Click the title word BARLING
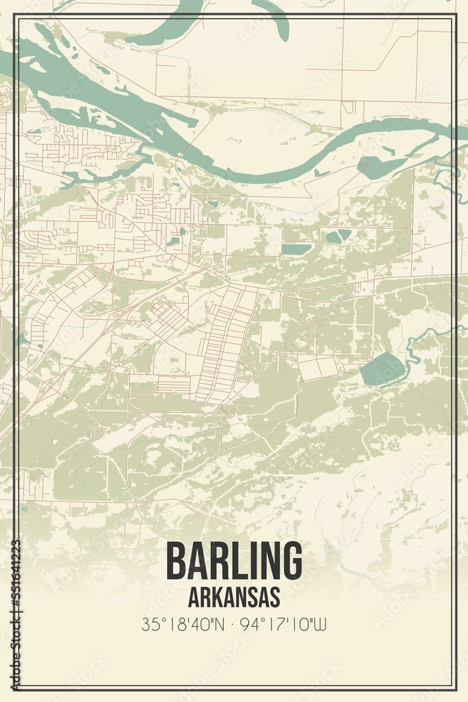click(x=234, y=562)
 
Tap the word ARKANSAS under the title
click(x=234, y=597)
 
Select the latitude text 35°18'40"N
click(x=182, y=623)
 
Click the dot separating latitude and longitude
click(x=234, y=623)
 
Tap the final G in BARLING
click(x=291, y=562)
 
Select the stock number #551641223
click(x=15, y=583)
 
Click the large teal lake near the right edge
click(x=383, y=369)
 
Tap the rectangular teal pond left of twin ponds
click(x=297, y=249)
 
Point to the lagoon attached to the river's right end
click(x=379, y=167)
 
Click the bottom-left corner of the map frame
click(x=15, y=687)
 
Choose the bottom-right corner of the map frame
click(x=453, y=687)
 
